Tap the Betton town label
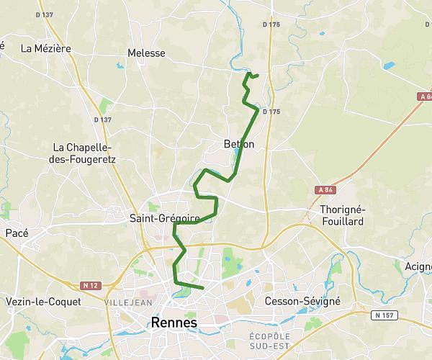[x=239, y=145]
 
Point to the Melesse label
[x=146, y=53]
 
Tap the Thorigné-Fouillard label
[x=343, y=215]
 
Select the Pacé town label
[x=17, y=233]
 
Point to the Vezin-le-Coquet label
[x=42, y=301]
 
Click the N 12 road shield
[x=90, y=286]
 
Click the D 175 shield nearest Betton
[x=271, y=112]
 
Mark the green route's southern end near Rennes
[x=204, y=288]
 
